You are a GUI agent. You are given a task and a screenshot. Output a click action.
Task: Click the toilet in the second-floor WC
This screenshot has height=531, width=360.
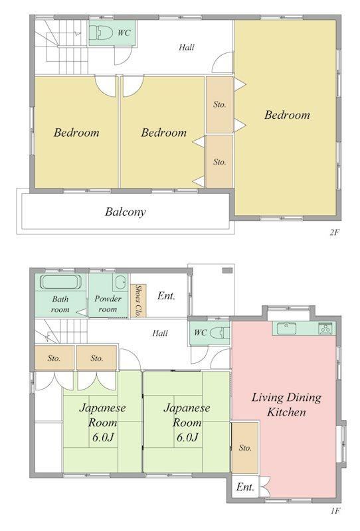[x=102, y=33]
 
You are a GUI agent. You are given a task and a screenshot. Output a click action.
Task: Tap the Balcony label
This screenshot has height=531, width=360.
[x=126, y=212]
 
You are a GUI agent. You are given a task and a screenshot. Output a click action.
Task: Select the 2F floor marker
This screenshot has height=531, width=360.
[x=334, y=232]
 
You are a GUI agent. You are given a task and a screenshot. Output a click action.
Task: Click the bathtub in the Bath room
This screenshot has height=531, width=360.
[x=61, y=281]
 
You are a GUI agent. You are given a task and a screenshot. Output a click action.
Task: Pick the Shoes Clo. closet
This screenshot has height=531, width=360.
[x=138, y=301]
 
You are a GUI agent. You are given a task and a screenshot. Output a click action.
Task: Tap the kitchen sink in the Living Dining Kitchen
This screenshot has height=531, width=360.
[x=286, y=328]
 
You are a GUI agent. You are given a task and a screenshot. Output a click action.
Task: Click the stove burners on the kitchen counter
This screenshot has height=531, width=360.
[x=325, y=329]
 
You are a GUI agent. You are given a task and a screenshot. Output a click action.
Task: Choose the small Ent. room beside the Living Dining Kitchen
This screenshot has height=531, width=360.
[x=245, y=487]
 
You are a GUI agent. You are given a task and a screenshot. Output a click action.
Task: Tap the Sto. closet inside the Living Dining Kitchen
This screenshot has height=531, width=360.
[x=244, y=447]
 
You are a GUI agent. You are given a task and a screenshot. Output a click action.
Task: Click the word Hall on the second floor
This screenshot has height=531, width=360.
[x=187, y=47]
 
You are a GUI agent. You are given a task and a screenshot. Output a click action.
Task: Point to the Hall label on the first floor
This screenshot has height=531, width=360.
[x=160, y=333]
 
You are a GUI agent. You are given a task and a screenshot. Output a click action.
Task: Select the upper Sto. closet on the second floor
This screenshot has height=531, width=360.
[x=220, y=105]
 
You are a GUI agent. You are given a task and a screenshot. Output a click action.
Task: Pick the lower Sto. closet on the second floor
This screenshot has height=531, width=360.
[x=220, y=161]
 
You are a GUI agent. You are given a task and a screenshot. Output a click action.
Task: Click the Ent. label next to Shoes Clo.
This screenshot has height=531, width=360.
[x=166, y=296]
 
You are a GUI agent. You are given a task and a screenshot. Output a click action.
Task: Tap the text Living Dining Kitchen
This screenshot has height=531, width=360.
[x=286, y=404]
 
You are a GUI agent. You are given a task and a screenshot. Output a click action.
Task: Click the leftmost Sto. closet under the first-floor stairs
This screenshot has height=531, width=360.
[x=54, y=358]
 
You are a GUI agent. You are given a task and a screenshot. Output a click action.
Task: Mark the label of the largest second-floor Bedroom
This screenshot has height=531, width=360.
[x=287, y=115]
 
